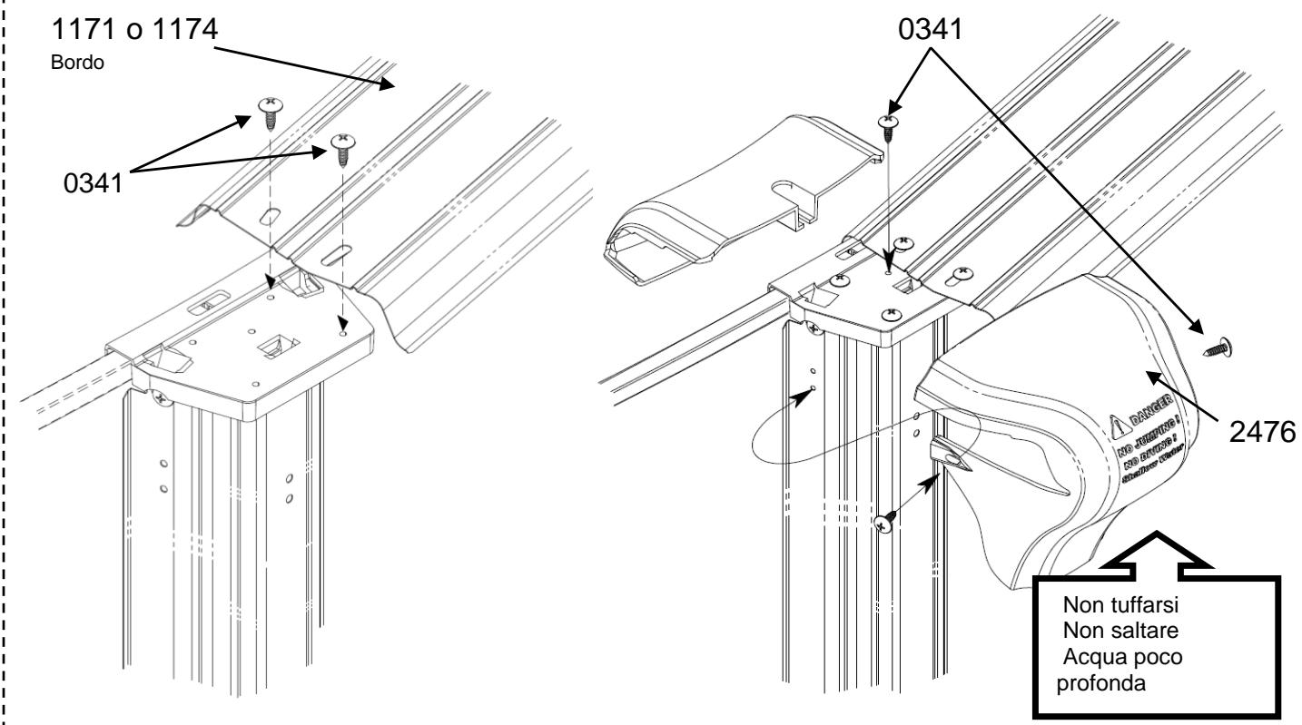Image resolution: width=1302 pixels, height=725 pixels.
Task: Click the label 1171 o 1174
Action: point(124,31)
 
